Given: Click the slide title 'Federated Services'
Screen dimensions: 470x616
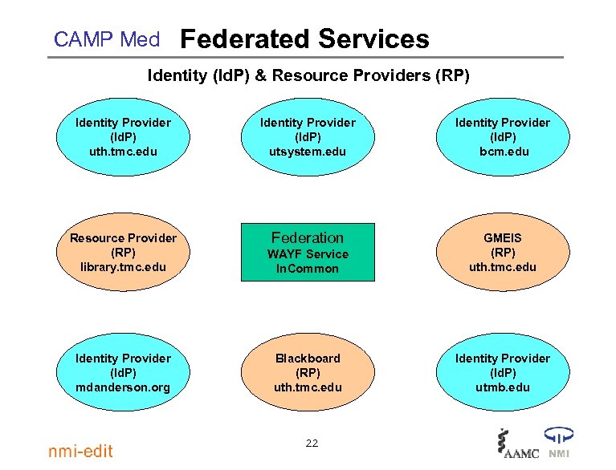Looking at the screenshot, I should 304,38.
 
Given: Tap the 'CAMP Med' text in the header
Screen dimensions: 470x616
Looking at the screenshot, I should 106,39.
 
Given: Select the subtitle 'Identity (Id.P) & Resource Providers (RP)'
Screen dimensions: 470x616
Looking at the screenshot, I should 308,76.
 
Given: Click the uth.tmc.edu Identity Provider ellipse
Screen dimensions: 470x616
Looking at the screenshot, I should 123,136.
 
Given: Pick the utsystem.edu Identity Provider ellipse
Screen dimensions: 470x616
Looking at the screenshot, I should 308,136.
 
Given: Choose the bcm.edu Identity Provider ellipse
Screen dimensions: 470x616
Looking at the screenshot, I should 503,136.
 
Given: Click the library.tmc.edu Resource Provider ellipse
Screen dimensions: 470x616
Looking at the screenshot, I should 123,252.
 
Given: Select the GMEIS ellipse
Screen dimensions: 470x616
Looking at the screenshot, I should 503,252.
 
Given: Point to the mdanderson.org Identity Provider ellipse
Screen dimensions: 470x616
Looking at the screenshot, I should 123,372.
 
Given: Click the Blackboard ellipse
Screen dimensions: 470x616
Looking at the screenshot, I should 308,372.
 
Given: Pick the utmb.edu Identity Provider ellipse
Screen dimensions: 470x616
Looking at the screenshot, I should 503,372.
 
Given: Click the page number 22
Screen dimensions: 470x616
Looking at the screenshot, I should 312,443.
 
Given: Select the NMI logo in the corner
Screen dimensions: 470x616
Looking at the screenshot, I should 559,444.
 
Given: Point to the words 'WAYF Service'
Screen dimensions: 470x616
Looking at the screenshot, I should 308,254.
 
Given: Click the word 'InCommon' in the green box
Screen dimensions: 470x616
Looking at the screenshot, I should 308,269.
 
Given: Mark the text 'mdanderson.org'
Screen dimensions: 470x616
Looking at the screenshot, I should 123,387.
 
